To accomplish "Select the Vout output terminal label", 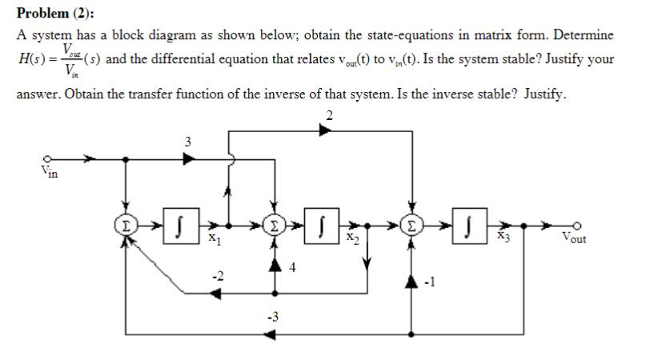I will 572,237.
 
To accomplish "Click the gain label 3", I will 187,142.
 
